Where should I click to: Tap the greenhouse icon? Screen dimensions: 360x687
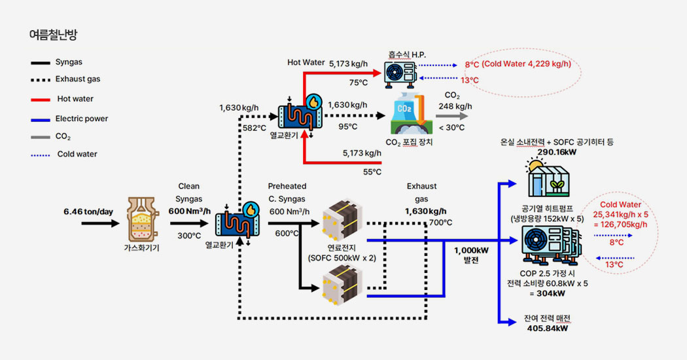coord(548,179)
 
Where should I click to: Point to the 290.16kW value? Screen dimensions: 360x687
coord(547,152)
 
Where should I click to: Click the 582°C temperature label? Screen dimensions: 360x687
coord(254,128)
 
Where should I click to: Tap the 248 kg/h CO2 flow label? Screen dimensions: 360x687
coord(455,106)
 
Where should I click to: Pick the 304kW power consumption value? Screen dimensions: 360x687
coord(548,293)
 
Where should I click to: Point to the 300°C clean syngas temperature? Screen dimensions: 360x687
coord(188,236)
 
